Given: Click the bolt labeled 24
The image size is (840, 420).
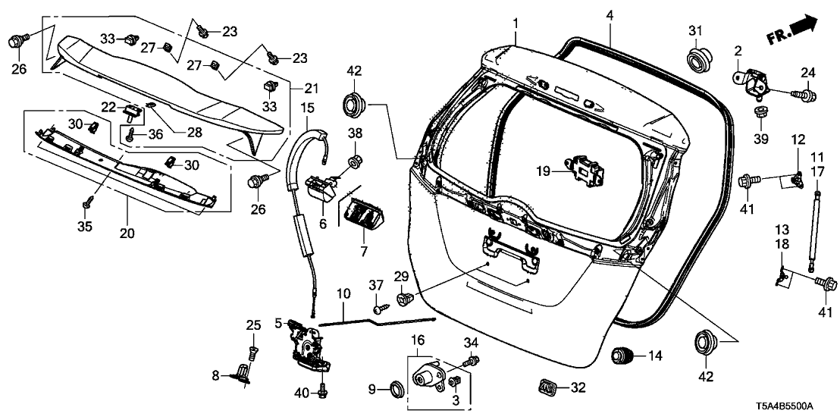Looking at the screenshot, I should click(804, 96).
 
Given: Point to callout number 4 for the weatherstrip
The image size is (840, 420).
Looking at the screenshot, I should click(610, 14).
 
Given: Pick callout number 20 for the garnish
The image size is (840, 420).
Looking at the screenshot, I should click(127, 233).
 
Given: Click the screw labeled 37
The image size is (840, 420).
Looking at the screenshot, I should click(378, 309).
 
